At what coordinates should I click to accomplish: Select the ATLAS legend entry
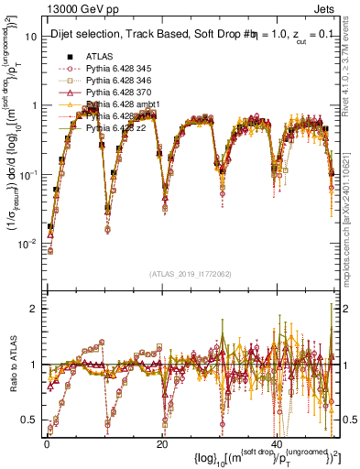click(x=101, y=56)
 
